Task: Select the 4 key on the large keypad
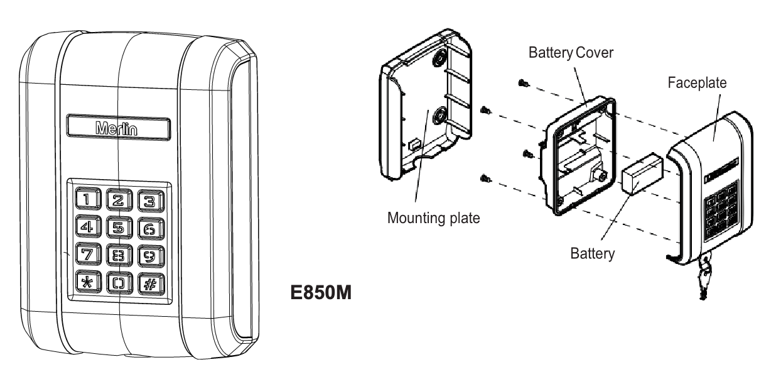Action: (x=86, y=225)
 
